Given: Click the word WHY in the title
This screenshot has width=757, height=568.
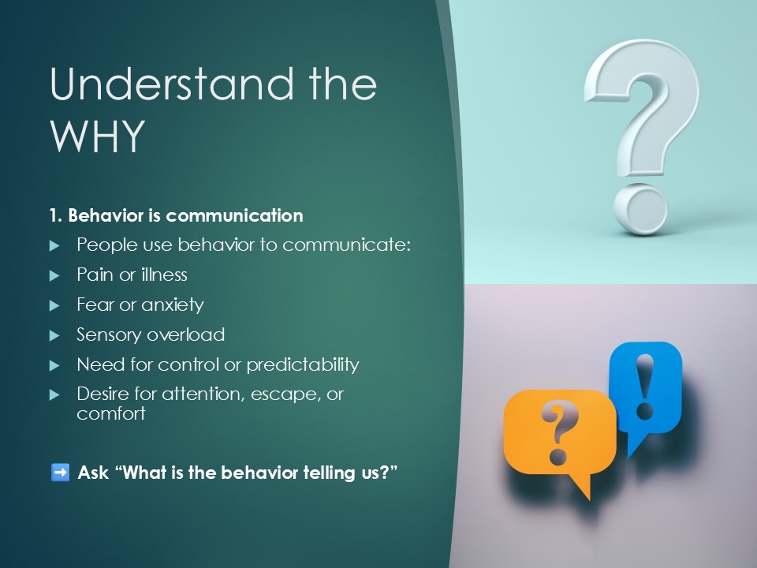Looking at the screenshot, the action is pos(98,136).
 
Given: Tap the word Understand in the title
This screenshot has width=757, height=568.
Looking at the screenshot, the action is pos(172,84).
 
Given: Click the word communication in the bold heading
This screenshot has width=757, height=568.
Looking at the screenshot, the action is pos(234,215).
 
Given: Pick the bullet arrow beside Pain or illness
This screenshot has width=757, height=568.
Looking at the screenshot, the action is pos(54,276).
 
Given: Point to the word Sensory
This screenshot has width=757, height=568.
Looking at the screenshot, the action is pos(107,334).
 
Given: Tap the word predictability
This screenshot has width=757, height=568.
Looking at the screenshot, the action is pos(303,364).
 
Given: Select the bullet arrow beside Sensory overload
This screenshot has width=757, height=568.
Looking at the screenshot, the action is pos(54,336).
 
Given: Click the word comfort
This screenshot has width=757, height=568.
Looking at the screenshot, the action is pos(111,413).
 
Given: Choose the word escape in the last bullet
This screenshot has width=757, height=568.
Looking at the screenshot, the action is pos(285,394).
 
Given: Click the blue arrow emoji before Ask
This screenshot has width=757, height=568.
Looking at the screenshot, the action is pos(61,473).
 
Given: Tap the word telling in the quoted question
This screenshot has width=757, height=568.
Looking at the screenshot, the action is pos(330,473).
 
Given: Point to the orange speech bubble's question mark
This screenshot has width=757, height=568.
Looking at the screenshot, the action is pos(558,432).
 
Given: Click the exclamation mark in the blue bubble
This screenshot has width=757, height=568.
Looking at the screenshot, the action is pos(645,387).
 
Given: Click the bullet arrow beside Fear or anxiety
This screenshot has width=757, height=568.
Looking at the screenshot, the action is pos(54,306).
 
